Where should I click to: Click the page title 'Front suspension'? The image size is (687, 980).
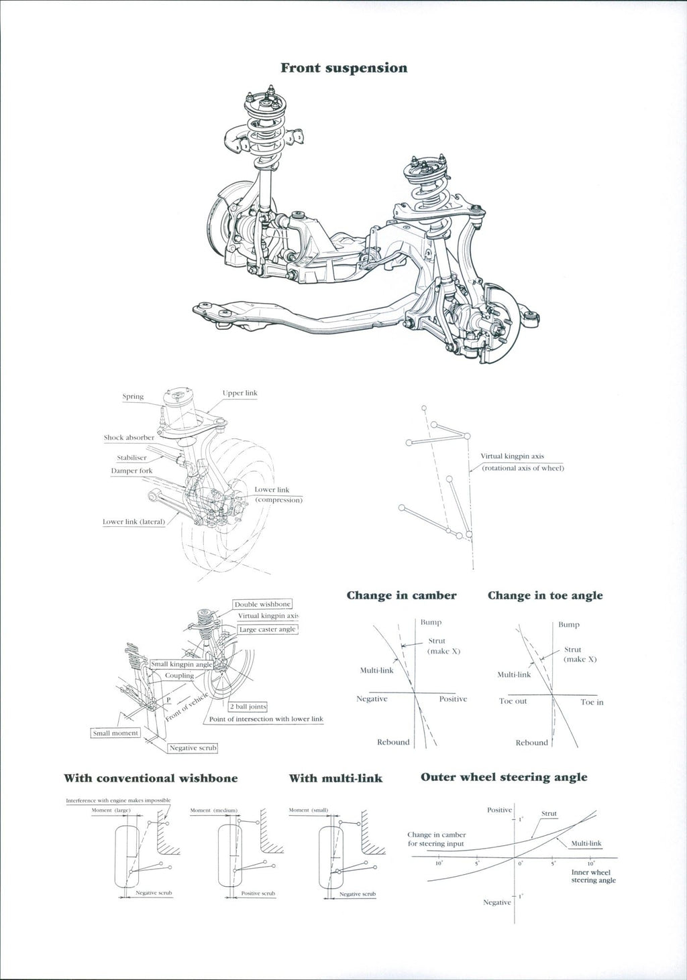click(343, 68)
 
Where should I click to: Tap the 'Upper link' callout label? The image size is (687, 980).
click(240, 393)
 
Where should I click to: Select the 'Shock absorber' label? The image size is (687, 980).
click(129, 438)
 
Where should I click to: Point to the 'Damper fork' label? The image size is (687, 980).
click(131, 471)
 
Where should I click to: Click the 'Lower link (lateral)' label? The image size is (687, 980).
click(134, 522)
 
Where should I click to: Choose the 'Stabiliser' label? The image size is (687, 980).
click(131, 458)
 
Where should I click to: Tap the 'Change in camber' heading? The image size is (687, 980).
click(401, 595)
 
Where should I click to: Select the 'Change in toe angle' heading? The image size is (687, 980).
click(545, 595)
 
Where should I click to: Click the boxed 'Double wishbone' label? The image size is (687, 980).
click(262, 604)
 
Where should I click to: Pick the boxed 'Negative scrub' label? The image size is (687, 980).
click(193, 747)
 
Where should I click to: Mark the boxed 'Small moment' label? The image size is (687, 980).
click(115, 733)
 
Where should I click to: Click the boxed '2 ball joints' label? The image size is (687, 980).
click(248, 707)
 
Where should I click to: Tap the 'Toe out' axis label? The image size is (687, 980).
click(513, 701)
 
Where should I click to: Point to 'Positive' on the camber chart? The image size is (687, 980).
click(453, 699)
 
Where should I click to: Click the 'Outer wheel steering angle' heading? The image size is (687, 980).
click(504, 777)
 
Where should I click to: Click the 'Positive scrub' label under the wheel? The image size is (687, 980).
click(258, 894)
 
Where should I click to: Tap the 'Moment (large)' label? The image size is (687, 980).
click(111, 810)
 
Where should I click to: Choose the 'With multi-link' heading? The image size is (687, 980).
click(335, 778)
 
